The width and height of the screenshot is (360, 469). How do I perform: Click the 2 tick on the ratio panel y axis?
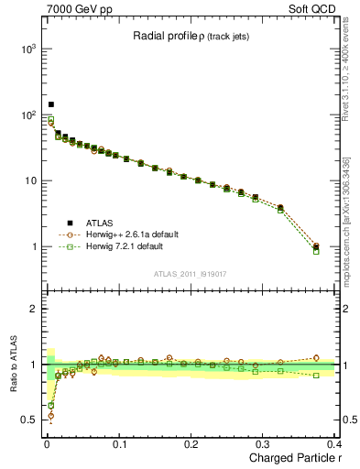[x=30, y=309]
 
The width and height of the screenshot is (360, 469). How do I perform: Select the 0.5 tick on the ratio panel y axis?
[x=26, y=420]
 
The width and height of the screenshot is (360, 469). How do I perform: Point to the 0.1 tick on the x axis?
[x=119, y=444]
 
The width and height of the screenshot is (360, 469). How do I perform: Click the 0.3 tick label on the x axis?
[x=265, y=444]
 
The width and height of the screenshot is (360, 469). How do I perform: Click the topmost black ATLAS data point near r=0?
[x=51, y=104]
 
